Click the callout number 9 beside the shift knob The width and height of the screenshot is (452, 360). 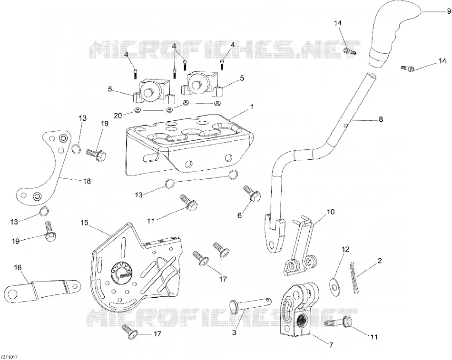pyautogui.click(x=449, y=11)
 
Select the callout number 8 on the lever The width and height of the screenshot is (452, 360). pyautogui.click(x=381, y=119)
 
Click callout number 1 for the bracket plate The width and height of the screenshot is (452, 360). pyautogui.click(x=252, y=107)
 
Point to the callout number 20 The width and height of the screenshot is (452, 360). pyautogui.click(x=118, y=116)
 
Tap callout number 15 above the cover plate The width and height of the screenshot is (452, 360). pyautogui.click(x=85, y=223)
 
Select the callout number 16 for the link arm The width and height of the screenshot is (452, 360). pyautogui.click(x=18, y=267)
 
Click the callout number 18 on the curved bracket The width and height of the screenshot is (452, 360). pyautogui.click(x=87, y=181)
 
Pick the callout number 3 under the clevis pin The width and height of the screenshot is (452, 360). pyautogui.click(x=234, y=332)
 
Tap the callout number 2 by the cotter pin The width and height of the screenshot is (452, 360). pyautogui.click(x=379, y=261)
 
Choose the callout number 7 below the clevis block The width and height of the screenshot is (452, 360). pyautogui.click(x=332, y=344)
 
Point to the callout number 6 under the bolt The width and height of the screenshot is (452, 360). pyautogui.click(x=239, y=215)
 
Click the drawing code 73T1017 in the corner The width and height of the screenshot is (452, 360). pyautogui.click(x=9, y=357)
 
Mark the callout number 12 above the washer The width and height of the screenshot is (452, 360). pyautogui.click(x=345, y=249)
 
